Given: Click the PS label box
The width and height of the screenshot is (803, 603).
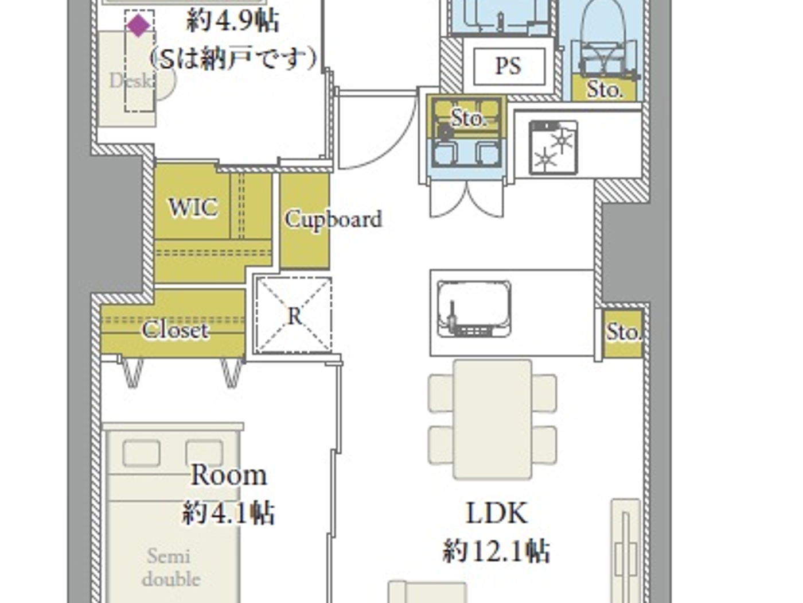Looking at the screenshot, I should [x=509, y=65].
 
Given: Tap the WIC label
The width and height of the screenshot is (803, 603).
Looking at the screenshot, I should [x=193, y=207].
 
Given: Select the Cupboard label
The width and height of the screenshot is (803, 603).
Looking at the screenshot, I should [x=333, y=219].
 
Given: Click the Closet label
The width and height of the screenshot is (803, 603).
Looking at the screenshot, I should [x=175, y=330].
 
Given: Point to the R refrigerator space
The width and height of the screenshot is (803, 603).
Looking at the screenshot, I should [x=294, y=315].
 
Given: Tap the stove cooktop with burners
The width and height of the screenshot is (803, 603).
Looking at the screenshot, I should [x=553, y=147].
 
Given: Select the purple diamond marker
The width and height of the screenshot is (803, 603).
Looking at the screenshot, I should [x=138, y=25].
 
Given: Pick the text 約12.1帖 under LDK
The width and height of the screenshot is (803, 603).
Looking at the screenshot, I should [x=496, y=551].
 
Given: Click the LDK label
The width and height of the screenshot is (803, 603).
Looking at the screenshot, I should [x=496, y=513].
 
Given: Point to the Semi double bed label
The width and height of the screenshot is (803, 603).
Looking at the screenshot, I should [x=170, y=567].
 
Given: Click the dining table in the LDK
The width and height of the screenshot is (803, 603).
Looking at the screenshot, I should [x=492, y=419].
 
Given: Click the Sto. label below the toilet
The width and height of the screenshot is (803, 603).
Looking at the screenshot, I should [x=604, y=90].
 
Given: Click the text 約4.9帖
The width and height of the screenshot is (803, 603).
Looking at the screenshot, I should [x=233, y=22].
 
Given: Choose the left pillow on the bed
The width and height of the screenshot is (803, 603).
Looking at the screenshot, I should [x=142, y=453].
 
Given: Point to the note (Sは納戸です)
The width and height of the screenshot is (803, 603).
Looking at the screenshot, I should [x=233, y=58].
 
